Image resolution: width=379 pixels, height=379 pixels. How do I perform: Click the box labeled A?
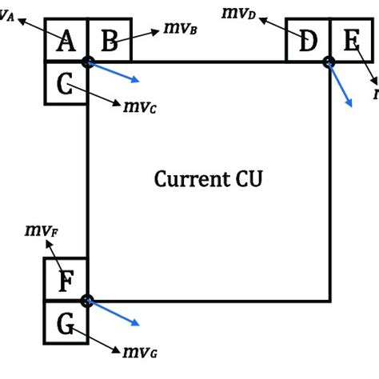66,41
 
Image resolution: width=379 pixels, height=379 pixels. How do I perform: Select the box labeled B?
108,41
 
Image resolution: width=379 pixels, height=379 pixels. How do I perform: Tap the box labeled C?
66,83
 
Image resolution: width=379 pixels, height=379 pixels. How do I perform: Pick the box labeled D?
307,41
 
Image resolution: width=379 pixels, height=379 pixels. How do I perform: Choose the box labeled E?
349,41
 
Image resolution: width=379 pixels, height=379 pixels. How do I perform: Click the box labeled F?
66,281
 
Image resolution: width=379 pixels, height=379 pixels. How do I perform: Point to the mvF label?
42,232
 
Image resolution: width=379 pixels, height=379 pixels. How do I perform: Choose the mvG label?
138,351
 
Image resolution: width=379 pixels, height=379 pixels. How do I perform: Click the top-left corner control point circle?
87,62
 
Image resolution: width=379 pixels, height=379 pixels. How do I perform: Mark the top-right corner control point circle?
328,62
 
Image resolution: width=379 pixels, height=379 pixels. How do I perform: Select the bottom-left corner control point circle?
87,301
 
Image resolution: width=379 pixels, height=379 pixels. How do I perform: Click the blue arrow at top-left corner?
115,72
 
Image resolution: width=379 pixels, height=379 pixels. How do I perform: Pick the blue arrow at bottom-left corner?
115,313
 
